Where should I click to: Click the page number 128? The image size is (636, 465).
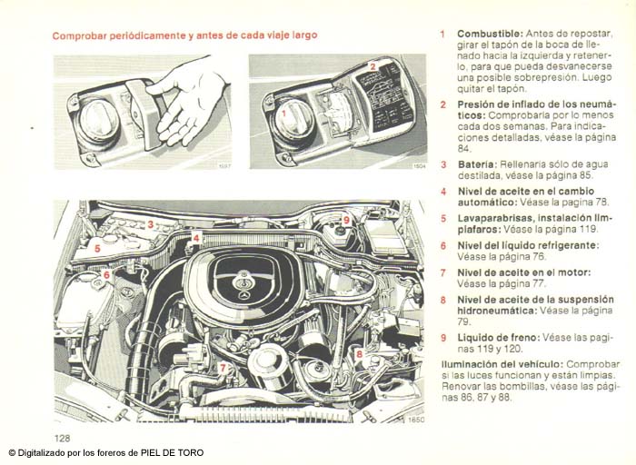click(62, 438)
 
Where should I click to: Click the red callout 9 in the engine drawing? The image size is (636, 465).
click(346, 221)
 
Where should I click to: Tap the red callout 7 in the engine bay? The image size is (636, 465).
click(223, 367)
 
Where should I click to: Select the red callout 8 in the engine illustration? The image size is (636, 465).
click(359, 353)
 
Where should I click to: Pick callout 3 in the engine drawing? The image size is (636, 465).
click(150, 223)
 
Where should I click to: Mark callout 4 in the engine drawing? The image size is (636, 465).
click(196, 238)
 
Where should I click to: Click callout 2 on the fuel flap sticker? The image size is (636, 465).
click(373, 66)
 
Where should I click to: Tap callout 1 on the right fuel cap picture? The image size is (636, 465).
click(283, 114)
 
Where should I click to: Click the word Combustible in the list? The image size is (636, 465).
click(486, 34)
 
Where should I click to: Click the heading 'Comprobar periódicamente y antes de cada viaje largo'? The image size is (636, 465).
click(184, 35)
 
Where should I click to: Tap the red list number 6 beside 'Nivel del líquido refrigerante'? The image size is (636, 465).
click(442, 245)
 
